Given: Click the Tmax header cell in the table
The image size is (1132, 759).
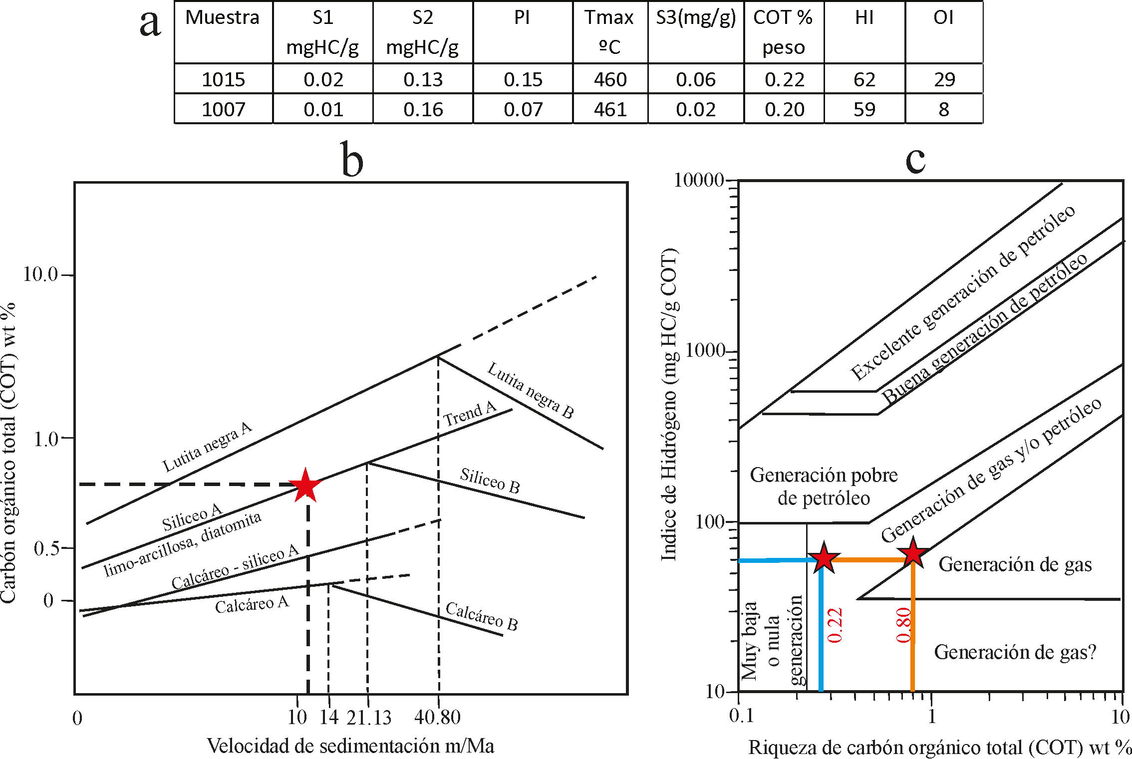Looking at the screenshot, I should pyautogui.click(x=609, y=32).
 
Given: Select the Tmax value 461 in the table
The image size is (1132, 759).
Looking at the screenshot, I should pyautogui.click(x=610, y=109).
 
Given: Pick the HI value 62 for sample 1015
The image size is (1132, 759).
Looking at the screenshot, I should pyautogui.click(x=864, y=79).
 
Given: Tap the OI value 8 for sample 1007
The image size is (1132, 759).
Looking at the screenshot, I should pyautogui.click(x=943, y=109).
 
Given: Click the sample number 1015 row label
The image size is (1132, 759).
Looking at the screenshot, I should pyautogui.click(x=223, y=79).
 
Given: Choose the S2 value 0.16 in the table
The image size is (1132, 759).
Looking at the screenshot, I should pyautogui.click(x=423, y=109).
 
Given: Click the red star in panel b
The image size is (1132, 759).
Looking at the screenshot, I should pyautogui.click(x=305, y=485).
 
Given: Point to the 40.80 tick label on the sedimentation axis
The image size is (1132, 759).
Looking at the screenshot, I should pyautogui.click(x=437, y=718).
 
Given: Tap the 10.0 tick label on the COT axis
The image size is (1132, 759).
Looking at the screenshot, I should pyautogui.click(x=41, y=274).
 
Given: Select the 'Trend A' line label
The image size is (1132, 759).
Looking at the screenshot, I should pyautogui.click(x=470, y=414).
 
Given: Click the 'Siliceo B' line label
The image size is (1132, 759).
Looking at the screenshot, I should pyautogui.click(x=490, y=481).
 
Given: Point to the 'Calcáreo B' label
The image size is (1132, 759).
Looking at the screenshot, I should pyautogui.click(x=482, y=616).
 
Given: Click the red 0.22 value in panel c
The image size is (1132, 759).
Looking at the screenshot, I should pyautogui.click(x=835, y=625).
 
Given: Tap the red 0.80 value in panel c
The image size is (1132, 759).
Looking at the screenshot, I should pyautogui.click(x=903, y=625).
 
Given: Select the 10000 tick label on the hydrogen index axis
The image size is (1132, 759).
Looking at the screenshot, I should pyautogui.click(x=699, y=180).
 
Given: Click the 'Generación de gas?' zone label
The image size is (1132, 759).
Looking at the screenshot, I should pyautogui.click(x=1015, y=652).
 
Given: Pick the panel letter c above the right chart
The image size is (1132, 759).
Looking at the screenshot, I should pyautogui.click(x=915, y=160).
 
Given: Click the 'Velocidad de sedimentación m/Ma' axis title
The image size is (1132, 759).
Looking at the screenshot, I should pyautogui.click(x=350, y=746).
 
